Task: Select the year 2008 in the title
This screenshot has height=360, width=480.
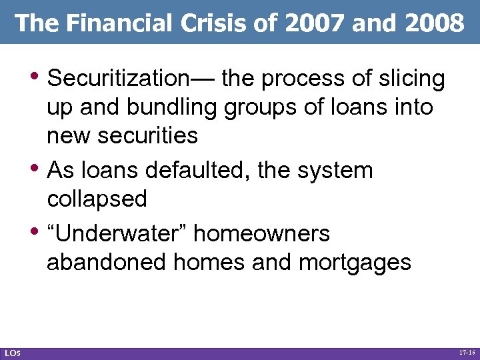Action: tap(437, 24)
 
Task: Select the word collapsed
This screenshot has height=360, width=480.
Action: tap(97, 199)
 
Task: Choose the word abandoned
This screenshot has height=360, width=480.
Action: tap(107, 262)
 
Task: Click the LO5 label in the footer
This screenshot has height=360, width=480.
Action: tap(11, 352)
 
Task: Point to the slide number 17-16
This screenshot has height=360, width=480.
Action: tap(467, 351)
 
